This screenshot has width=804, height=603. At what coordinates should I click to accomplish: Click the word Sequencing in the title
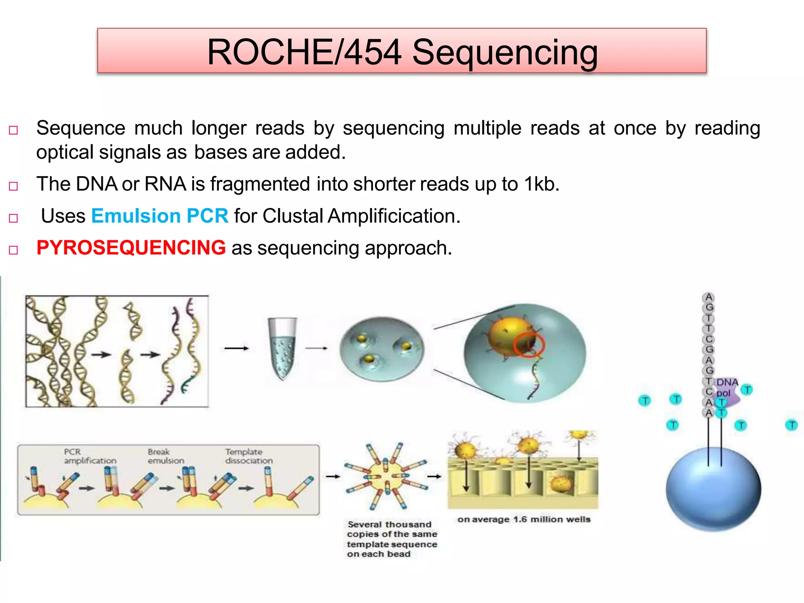[505, 52]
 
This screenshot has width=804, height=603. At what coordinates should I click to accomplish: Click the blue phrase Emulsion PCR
[159, 216]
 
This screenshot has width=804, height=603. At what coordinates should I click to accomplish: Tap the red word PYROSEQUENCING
[131, 248]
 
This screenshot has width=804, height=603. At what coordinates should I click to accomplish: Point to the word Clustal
[292, 216]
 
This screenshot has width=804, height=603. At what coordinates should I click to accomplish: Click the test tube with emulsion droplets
[282, 348]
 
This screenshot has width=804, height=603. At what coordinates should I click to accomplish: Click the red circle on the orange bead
[529, 344]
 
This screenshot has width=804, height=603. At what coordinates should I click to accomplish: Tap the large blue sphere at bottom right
[713, 489]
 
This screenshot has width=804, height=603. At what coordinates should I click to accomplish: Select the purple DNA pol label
[727, 387]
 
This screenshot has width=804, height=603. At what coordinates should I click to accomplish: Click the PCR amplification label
[90, 456]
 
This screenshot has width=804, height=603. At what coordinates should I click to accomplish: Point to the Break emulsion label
[165, 456]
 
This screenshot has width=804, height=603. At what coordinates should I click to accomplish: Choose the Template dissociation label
[249, 456]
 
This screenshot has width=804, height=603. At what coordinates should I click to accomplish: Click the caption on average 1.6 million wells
[524, 519]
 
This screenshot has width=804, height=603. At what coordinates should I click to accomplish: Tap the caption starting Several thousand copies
[391, 539]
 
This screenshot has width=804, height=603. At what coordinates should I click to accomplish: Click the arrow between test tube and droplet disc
[316, 348]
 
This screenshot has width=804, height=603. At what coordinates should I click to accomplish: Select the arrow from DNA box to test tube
[236, 348]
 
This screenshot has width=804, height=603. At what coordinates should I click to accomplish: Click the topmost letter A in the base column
[709, 297]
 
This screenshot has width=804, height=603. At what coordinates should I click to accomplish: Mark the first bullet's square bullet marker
[13, 130]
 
